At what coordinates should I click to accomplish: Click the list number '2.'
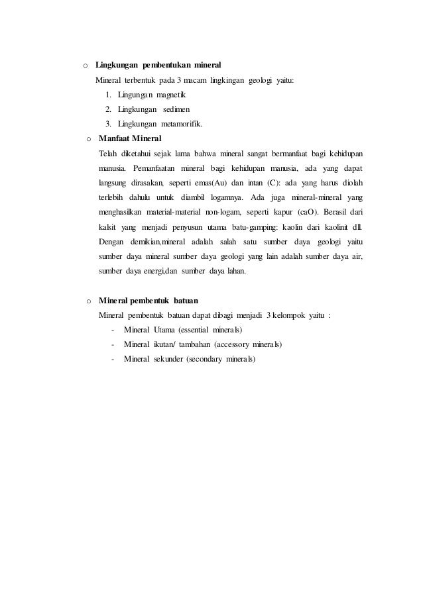click(x=109, y=109)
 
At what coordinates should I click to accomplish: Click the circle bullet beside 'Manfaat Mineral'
click(x=88, y=140)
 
